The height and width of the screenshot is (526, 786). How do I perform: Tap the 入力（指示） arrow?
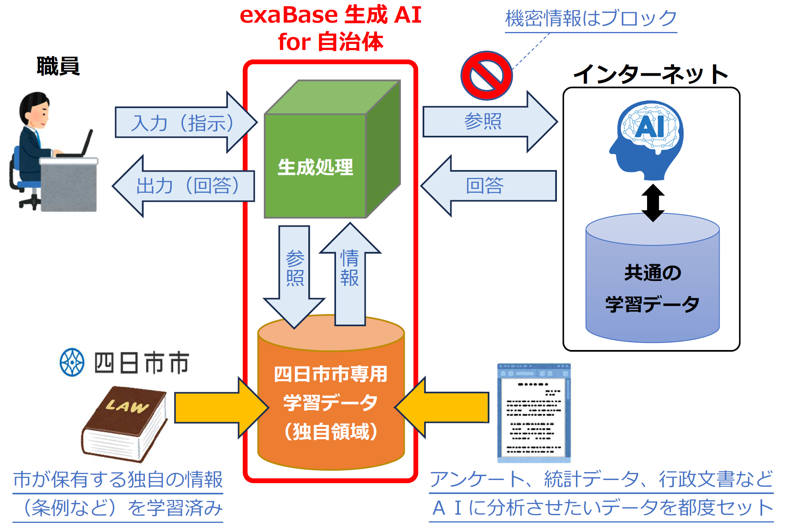(183, 123)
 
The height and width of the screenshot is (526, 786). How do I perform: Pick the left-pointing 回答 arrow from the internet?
(488, 186)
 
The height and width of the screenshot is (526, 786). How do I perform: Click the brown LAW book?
(124, 423)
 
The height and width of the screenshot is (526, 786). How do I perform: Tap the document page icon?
(534, 414)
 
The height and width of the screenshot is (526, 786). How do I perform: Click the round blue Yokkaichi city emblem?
(72, 362)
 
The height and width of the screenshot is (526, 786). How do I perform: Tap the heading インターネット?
(651, 74)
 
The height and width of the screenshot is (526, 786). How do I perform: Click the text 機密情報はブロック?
(591, 18)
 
